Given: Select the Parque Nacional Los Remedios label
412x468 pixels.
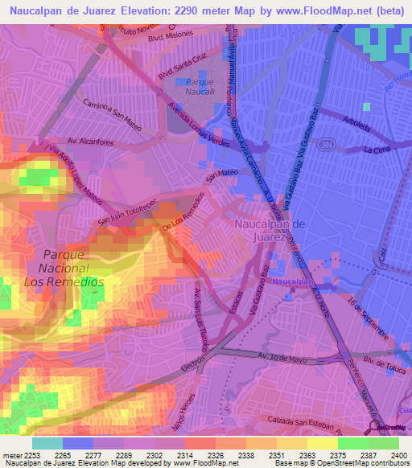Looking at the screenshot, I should pyautogui.click(x=69, y=269).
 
